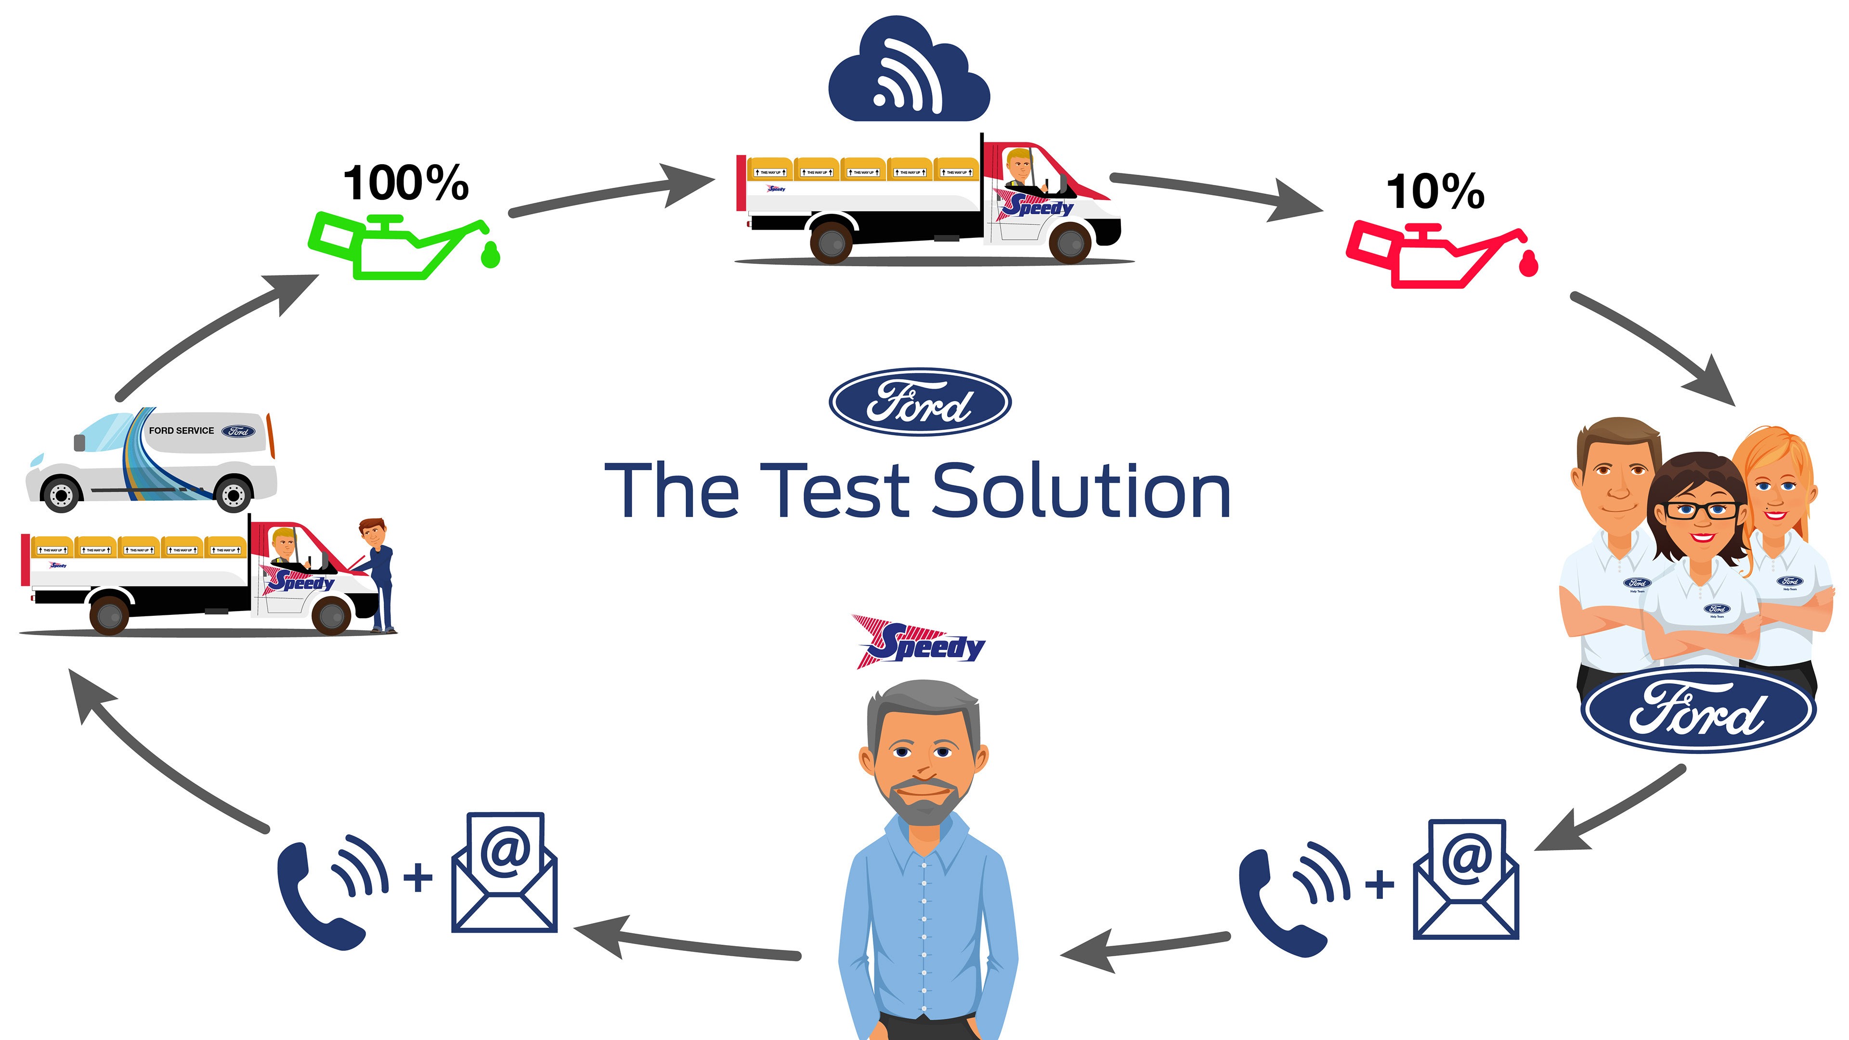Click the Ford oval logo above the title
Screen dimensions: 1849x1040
coord(920,402)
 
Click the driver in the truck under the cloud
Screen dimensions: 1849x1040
coord(1019,169)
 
